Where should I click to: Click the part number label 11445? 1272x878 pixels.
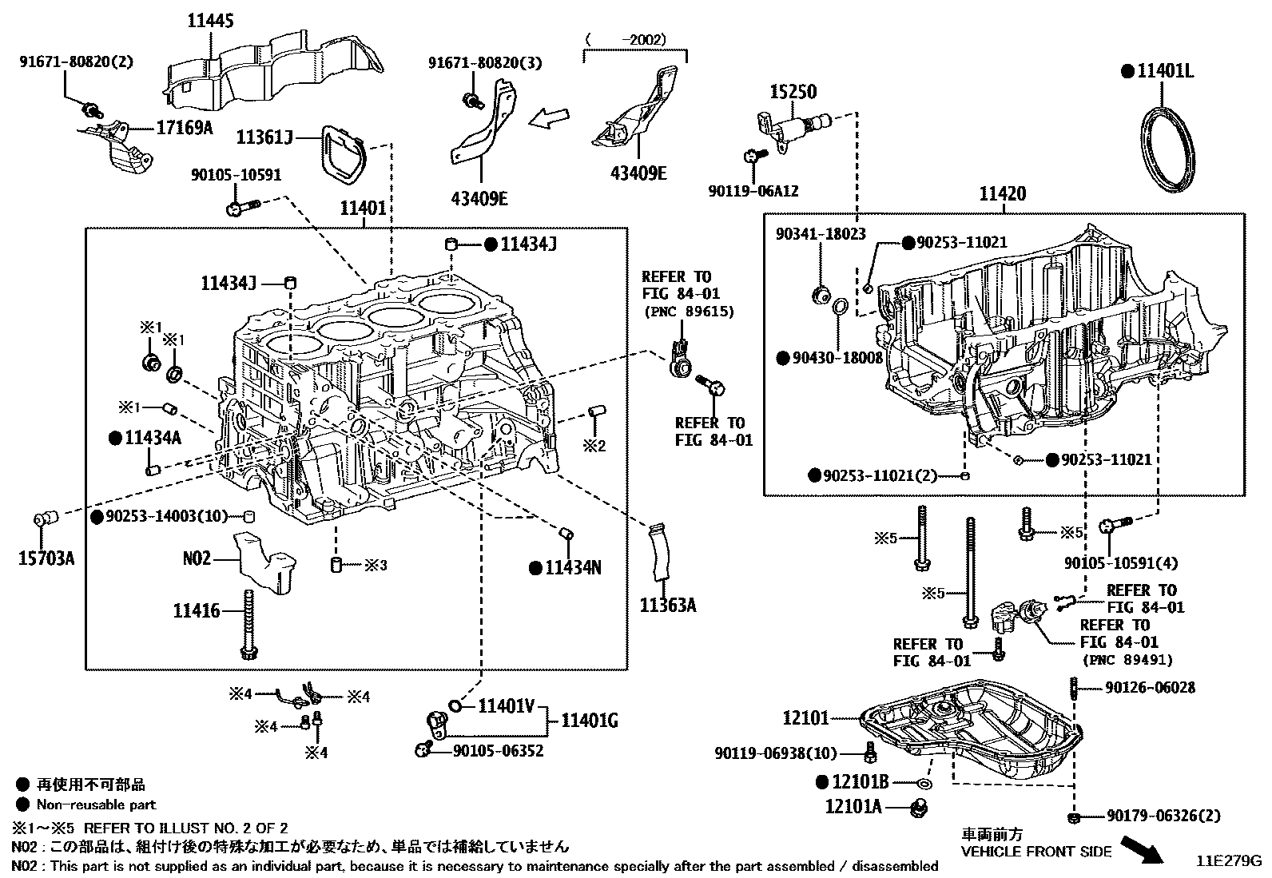pyautogui.click(x=211, y=22)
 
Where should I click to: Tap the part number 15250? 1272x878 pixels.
pyautogui.click(x=793, y=92)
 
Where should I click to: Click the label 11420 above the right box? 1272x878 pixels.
pyautogui.click(x=1003, y=194)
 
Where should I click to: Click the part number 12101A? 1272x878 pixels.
pyautogui.click(x=853, y=807)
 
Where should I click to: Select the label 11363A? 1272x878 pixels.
pyautogui.click(x=667, y=606)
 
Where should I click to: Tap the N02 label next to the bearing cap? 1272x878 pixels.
pyautogui.click(x=197, y=558)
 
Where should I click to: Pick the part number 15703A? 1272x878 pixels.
pyautogui.click(x=46, y=558)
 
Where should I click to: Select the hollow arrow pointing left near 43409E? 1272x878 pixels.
pyautogui.click(x=551, y=118)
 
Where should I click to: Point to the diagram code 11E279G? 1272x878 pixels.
pyautogui.click(x=1228, y=861)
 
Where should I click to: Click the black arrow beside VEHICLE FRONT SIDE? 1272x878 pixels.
pyautogui.click(x=1142, y=849)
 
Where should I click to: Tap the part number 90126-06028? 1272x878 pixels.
pyautogui.click(x=1151, y=687)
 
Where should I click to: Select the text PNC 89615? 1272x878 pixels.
pyautogui.click(x=688, y=311)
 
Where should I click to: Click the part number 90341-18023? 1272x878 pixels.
pyautogui.click(x=821, y=234)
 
